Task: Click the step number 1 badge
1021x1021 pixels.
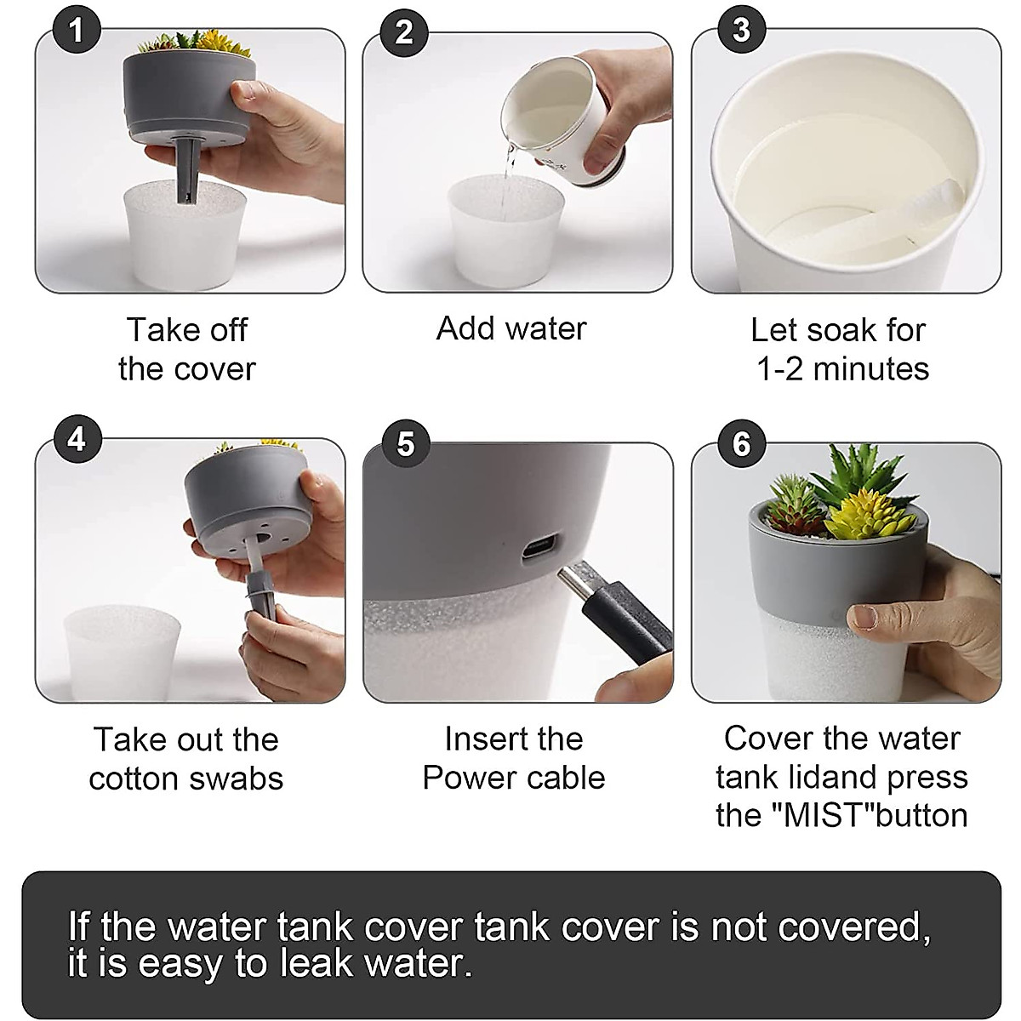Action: (x=77, y=29)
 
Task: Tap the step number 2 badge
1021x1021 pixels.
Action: (x=404, y=32)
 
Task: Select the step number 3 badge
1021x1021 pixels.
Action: (x=742, y=29)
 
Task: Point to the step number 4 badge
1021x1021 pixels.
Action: (x=77, y=439)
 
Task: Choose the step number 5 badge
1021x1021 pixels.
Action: (x=406, y=443)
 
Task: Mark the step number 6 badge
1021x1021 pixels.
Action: (x=742, y=443)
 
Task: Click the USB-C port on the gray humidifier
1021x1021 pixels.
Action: (x=539, y=547)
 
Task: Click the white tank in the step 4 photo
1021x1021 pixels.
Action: (x=122, y=653)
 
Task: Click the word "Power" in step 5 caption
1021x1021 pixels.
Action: (x=463, y=779)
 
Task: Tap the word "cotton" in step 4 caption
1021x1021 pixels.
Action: (x=134, y=779)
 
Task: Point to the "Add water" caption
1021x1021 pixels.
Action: (x=511, y=328)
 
